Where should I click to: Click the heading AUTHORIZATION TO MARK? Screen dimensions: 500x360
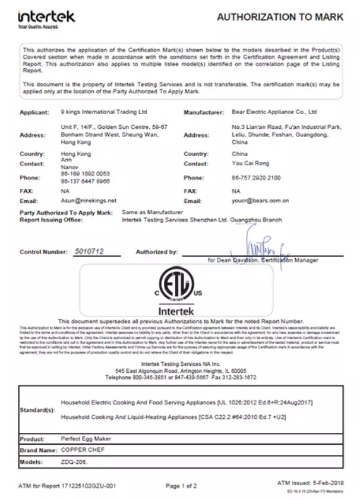pyautogui.click(x=280, y=18)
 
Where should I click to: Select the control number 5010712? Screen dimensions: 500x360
pyautogui.click(x=89, y=251)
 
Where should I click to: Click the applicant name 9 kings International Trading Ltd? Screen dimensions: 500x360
pyautogui.click(x=103, y=112)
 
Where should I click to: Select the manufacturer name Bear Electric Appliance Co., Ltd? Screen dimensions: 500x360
pyautogui.click(x=274, y=112)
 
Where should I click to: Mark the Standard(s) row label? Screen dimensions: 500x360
pyautogui.click(x=38, y=410)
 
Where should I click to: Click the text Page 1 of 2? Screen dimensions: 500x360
pyautogui.click(x=181, y=486)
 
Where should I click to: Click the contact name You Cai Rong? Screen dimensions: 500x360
pyautogui.click(x=250, y=163)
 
